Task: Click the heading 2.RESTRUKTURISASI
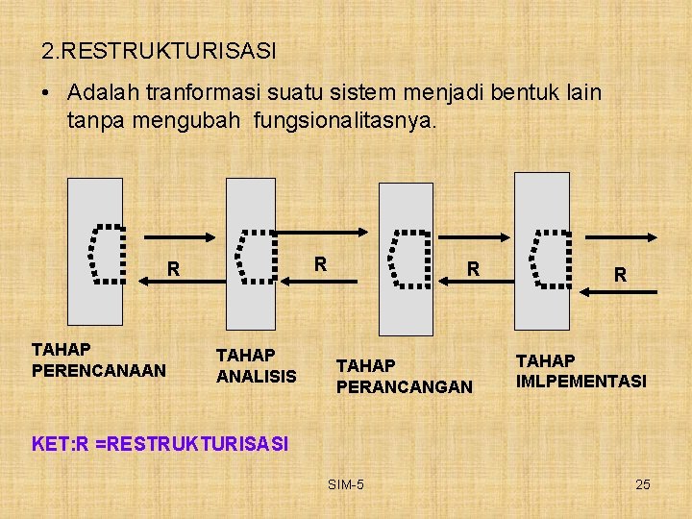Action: point(159,49)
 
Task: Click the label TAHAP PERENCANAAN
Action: point(99,359)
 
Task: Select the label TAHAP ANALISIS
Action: point(257,365)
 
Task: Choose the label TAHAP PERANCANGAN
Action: point(404,376)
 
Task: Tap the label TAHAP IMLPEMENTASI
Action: point(581,371)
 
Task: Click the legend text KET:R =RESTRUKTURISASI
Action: point(160,444)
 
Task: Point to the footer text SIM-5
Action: point(345,484)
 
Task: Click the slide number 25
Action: point(643,484)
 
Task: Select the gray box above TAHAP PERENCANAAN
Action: point(95,251)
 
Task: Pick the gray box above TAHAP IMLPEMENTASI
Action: point(542,250)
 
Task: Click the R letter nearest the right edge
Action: point(621,275)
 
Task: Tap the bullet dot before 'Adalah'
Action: point(45,94)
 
